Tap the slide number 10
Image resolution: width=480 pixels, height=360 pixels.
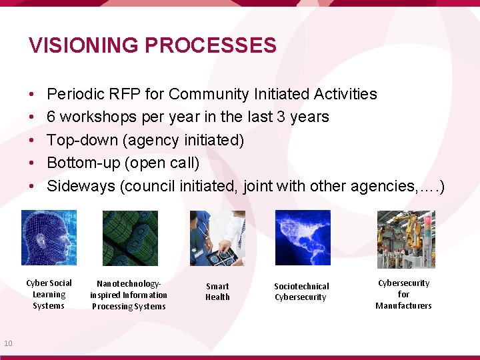click(x=8, y=343)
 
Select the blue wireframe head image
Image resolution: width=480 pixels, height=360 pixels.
click(x=49, y=238)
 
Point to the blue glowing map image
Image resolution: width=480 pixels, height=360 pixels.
click(x=303, y=238)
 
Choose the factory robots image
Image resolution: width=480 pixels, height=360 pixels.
click(x=405, y=239)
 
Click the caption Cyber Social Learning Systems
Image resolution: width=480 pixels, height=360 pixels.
click(x=49, y=294)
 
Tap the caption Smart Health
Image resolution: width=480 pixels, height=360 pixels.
click(x=217, y=291)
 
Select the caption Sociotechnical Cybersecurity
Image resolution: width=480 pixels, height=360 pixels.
click(x=301, y=291)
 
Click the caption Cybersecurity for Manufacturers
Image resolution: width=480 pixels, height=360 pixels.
click(x=403, y=294)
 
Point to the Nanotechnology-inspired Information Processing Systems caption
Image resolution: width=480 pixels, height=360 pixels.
click(x=129, y=295)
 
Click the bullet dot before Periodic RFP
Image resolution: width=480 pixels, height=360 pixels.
click(x=32, y=95)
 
